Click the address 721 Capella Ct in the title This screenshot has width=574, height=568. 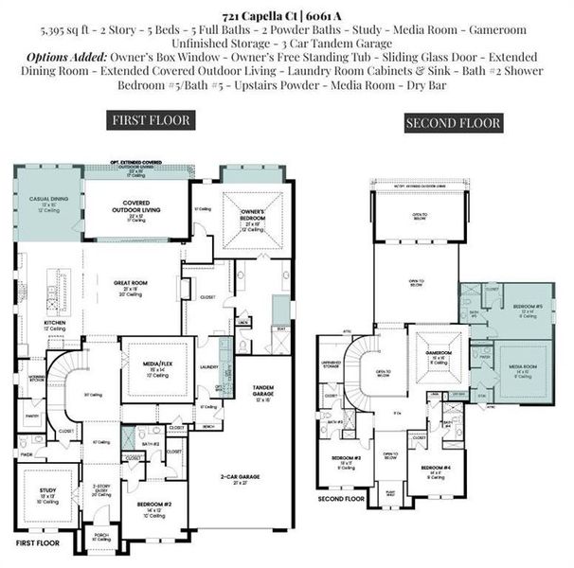[260, 17]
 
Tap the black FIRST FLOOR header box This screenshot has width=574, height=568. [152, 120]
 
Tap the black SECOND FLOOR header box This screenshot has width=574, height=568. [439, 123]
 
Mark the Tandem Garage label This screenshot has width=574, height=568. [262, 388]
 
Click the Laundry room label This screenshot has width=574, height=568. [209, 367]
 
